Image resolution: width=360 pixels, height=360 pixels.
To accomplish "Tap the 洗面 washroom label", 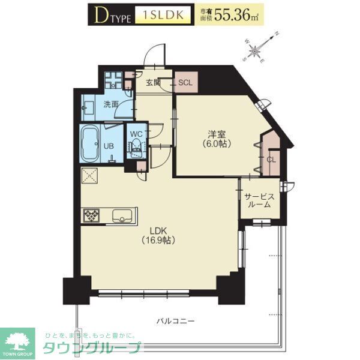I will point(110,104).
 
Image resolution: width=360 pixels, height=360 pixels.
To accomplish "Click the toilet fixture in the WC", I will point(136,147).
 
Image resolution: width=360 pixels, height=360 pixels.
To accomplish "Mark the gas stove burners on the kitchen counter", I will point(94,215).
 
